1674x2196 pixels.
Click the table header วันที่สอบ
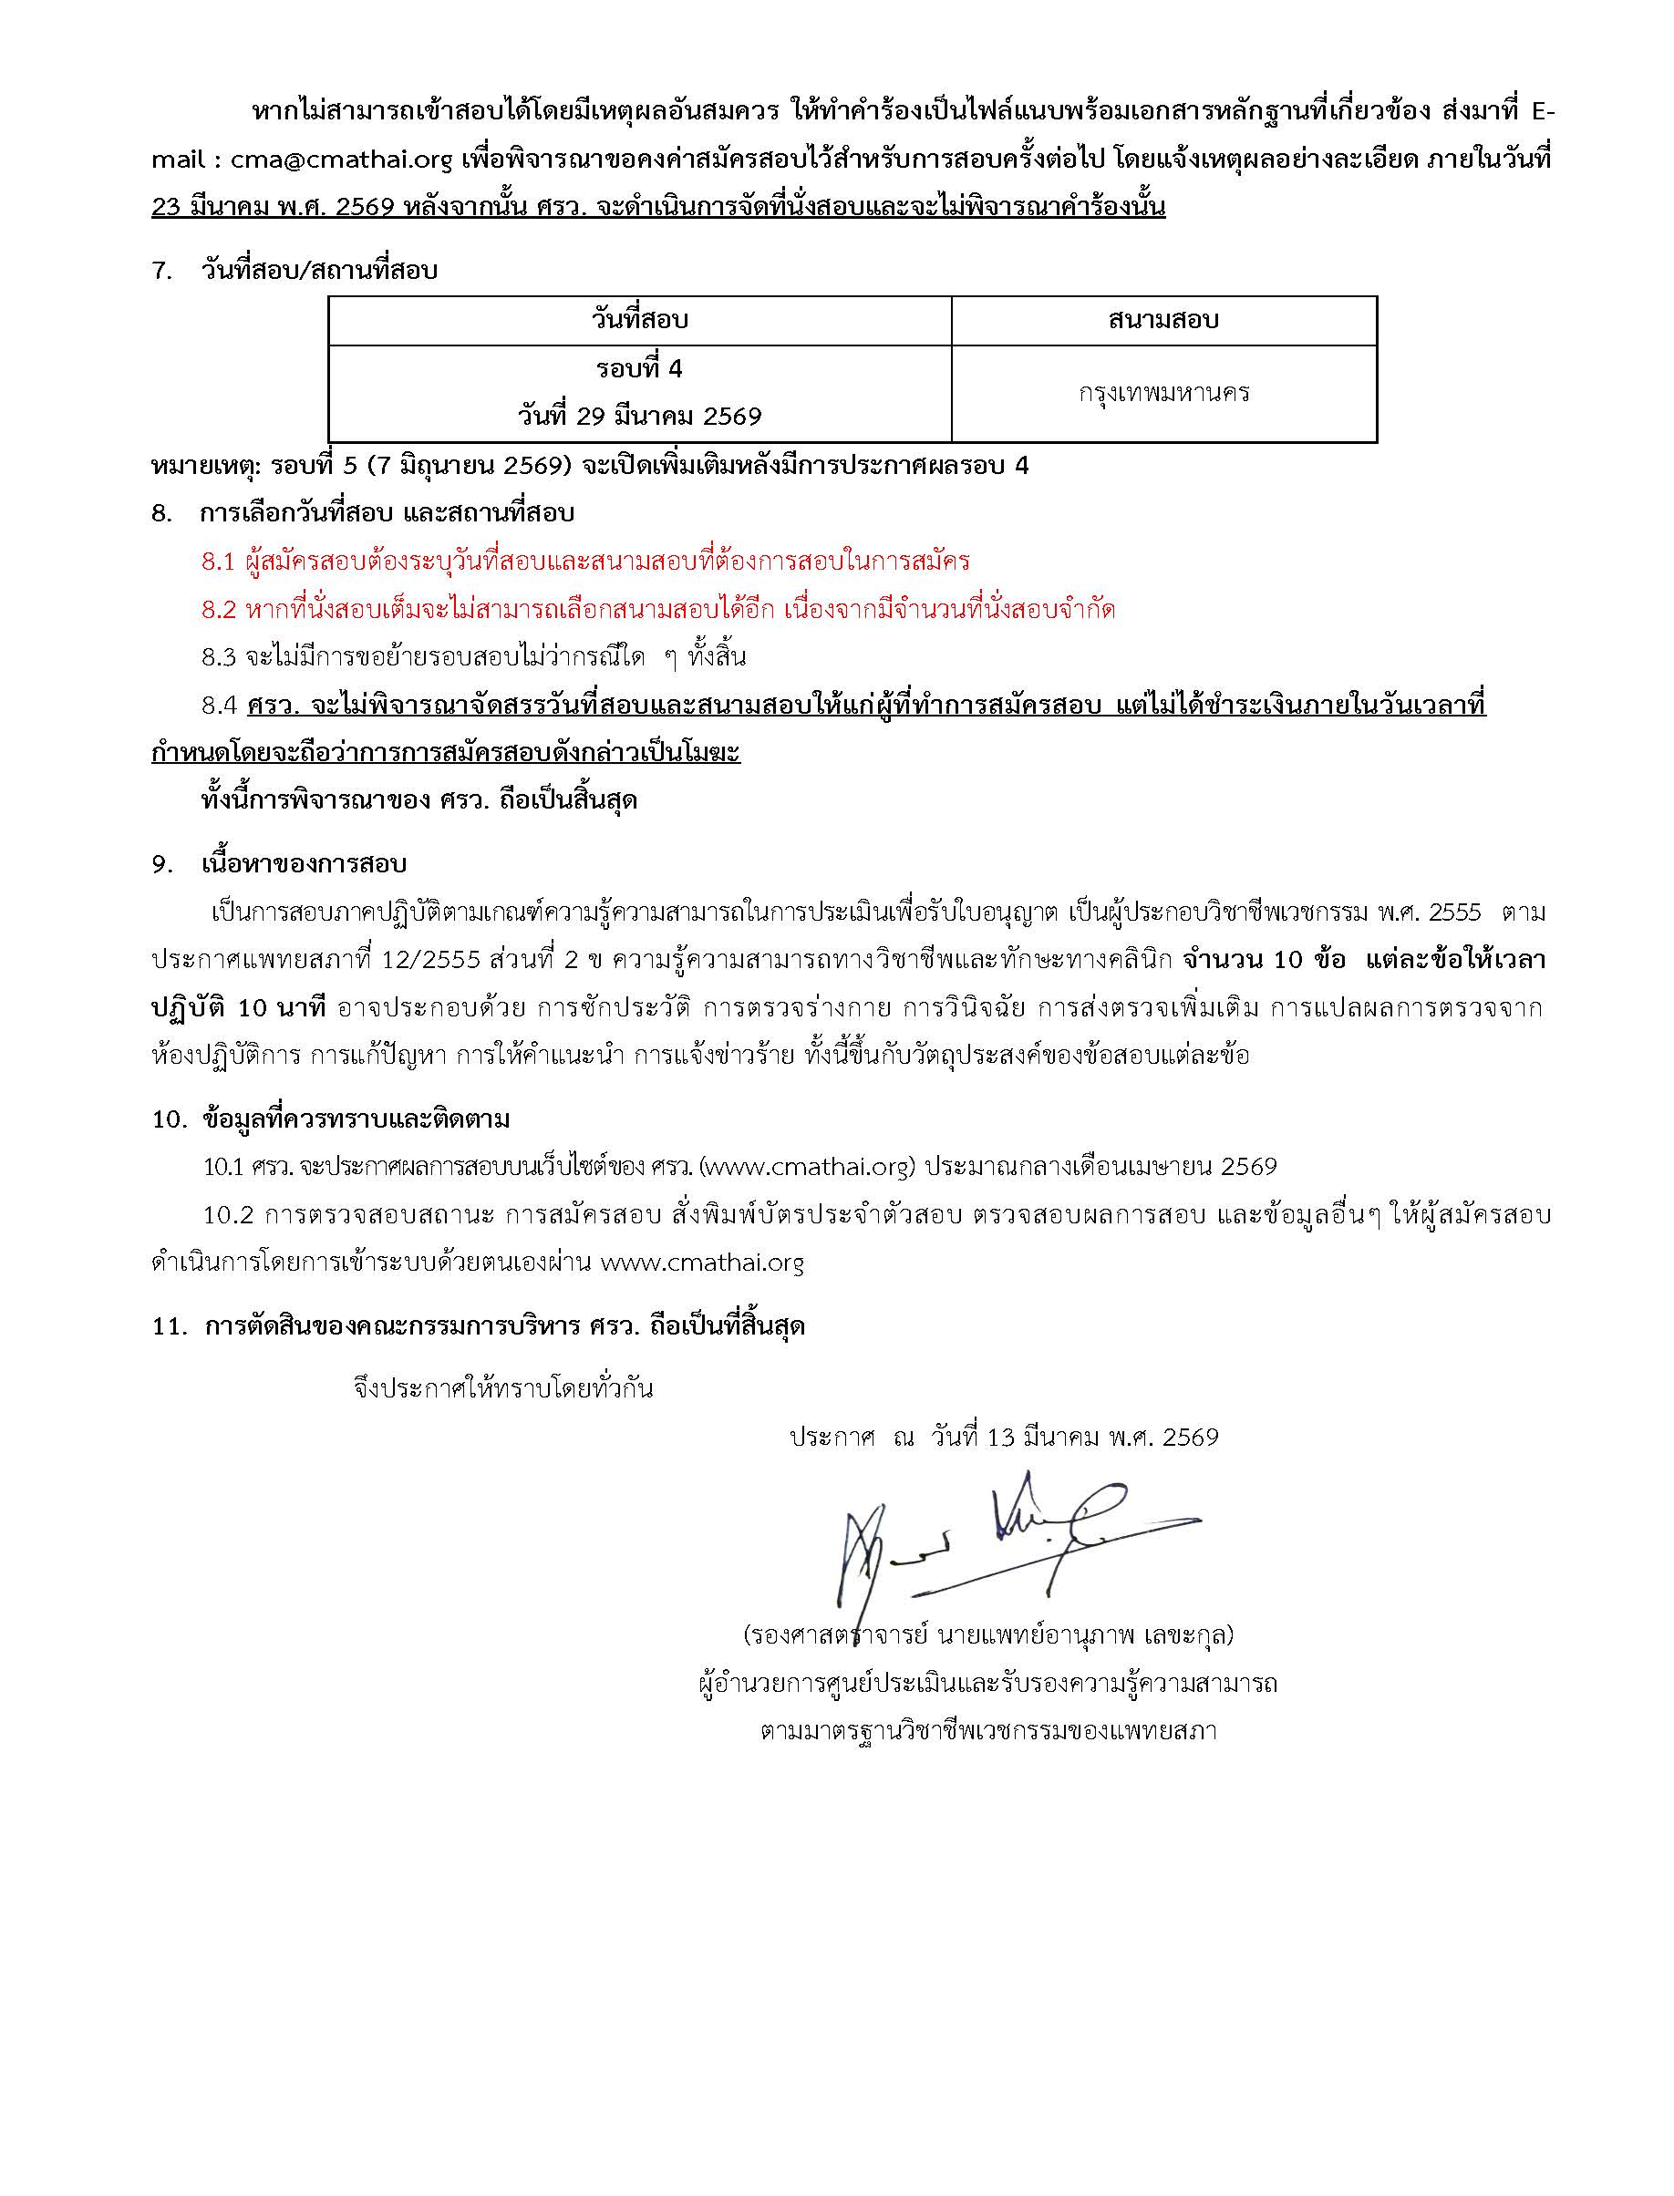[x=640, y=320]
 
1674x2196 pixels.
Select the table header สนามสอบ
[x=1162, y=320]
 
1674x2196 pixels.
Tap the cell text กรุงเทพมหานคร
[x=1162, y=394]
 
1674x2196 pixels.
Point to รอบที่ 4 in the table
[x=640, y=368]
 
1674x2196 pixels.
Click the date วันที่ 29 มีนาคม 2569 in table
[x=640, y=417]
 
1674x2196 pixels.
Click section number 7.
[x=162, y=270]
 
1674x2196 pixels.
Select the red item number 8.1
[x=217, y=562]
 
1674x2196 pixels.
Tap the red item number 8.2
[x=218, y=610]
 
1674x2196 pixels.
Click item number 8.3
[x=218, y=657]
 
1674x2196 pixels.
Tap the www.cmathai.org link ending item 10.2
[x=702, y=1263]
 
